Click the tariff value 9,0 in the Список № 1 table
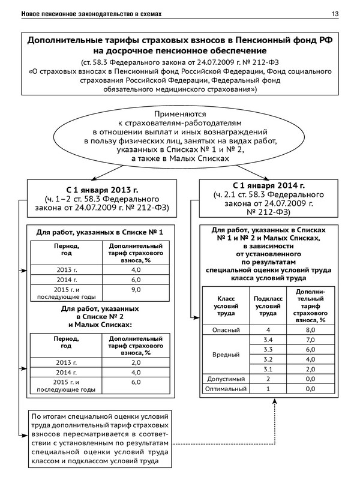coord(136,290)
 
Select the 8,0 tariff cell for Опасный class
coord(310,329)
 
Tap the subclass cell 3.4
coord(268,340)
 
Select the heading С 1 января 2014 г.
coord(268,185)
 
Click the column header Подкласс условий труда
coord(268,305)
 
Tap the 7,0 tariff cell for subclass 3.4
coord(310,340)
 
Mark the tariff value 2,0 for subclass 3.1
coord(310,368)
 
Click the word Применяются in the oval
coord(180,113)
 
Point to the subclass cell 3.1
coord(268,368)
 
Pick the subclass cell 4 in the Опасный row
coord(268,329)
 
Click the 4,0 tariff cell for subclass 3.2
coord(310,359)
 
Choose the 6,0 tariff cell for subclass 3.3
coord(310,349)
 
